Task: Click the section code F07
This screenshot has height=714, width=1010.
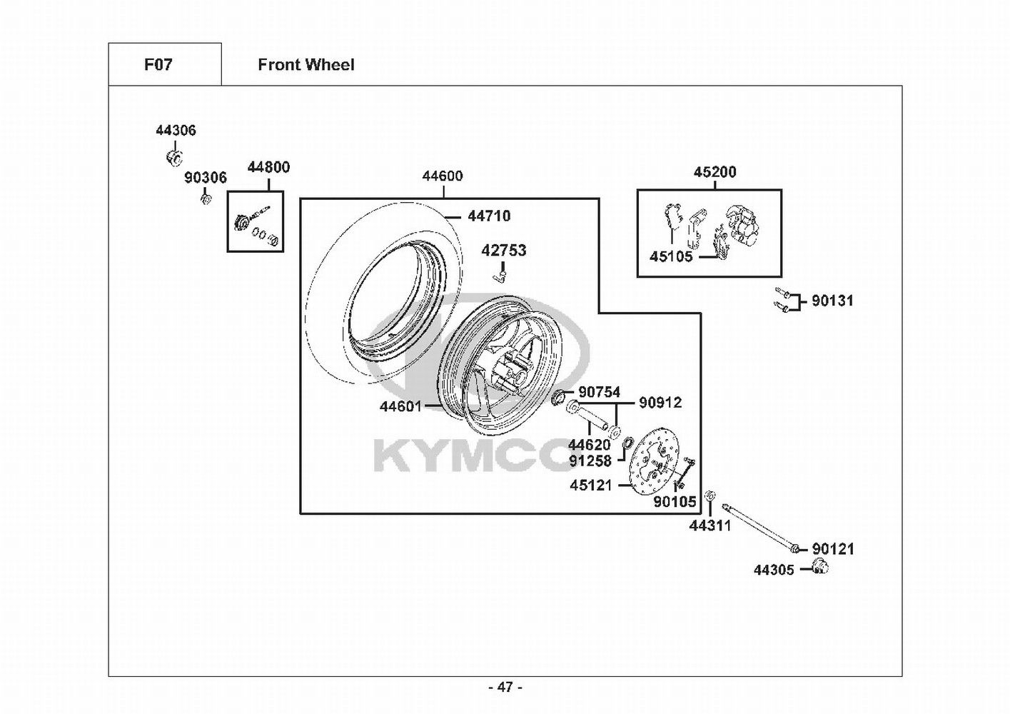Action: (158, 65)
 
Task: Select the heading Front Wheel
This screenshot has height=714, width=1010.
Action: (306, 65)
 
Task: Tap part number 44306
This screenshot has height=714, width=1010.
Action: (176, 131)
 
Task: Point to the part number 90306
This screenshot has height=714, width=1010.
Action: (205, 178)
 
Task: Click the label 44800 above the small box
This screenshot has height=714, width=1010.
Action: (268, 167)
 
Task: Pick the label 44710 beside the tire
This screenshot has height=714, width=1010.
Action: (489, 216)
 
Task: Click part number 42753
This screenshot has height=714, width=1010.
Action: (504, 251)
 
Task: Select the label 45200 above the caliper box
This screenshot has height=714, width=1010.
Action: (715, 172)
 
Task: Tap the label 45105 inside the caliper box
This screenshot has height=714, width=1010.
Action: (671, 256)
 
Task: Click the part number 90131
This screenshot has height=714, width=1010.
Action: (833, 301)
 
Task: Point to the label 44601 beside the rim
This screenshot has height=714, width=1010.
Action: (401, 406)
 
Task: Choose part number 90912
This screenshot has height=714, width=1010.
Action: (660, 402)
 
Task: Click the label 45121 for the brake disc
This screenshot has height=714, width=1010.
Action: (591, 486)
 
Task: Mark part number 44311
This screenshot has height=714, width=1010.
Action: (710, 526)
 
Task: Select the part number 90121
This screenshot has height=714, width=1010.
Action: (833, 549)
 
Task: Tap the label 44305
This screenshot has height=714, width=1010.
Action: (774, 570)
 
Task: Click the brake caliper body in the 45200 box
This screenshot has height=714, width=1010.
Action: (744, 226)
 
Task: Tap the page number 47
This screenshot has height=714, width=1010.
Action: (505, 687)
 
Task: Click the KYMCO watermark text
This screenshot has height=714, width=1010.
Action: (473, 456)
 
